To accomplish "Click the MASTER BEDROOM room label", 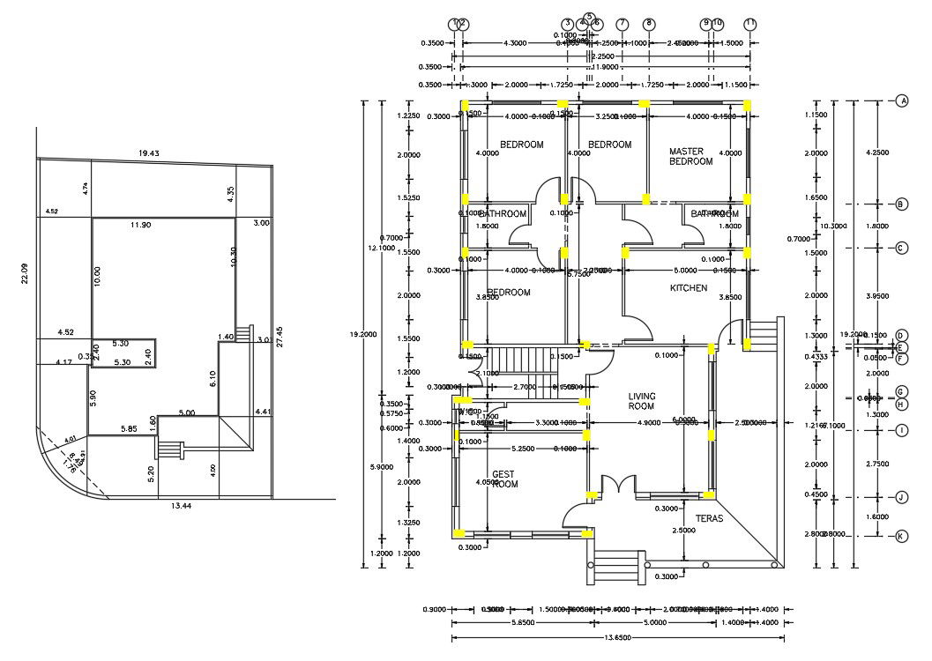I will coord(690,156).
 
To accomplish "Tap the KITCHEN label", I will coord(689,288).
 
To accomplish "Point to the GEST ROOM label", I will coord(504,479).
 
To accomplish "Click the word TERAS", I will coord(709,519).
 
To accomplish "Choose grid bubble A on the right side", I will coord(902,101).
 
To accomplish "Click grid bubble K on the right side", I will coord(902,536).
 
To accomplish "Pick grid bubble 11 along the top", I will coord(750,24).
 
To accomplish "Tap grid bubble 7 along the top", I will coord(623,24).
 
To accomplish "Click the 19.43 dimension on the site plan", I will coord(149,153).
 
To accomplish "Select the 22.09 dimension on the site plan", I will coord(26,274).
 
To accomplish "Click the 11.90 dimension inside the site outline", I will coord(140,226).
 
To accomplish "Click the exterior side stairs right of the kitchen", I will coord(763,335).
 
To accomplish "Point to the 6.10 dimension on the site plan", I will coord(212,378).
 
